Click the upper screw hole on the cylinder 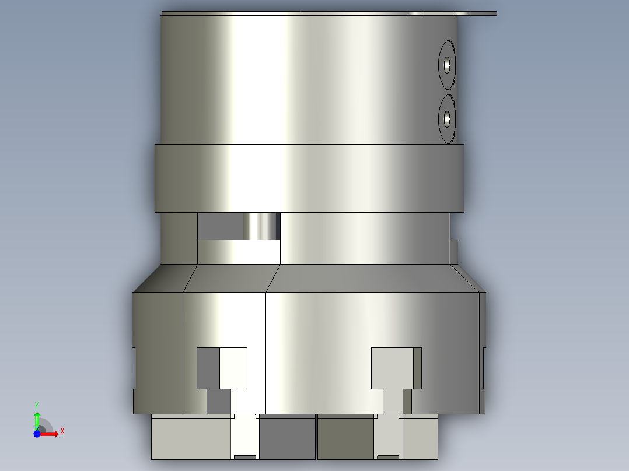pyautogui.click(x=447, y=64)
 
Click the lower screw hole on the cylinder pyautogui.click(x=447, y=119)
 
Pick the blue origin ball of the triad pyautogui.click(x=37, y=434)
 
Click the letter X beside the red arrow pyautogui.click(x=62, y=431)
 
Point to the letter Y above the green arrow pyautogui.click(x=37, y=405)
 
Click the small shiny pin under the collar pyautogui.click(x=260, y=226)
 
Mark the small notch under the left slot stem pyautogui.click(x=245, y=456)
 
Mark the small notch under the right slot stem pyautogui.click(x=388, y=456)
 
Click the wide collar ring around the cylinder pyautogui.click(x=309, y=178)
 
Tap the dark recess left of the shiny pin pyautogui.click(x=220, y=226)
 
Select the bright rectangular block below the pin pyautogui.click(x=239, y=252)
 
